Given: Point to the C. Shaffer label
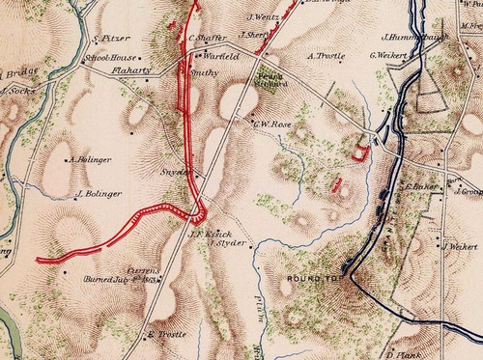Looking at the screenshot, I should click(207, 39).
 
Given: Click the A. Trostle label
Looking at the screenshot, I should click(326, 55).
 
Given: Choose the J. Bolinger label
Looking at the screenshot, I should click(97, 193).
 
